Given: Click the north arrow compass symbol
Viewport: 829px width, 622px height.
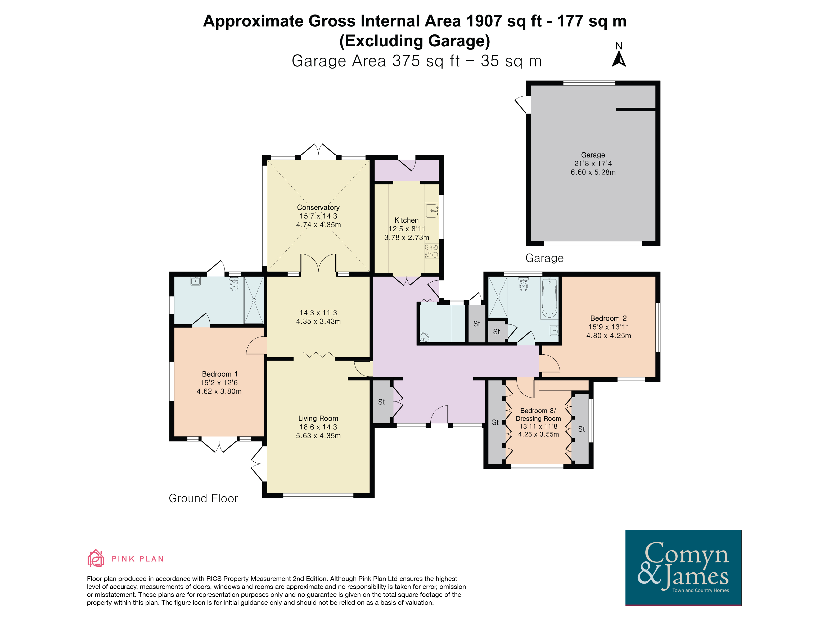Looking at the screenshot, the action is point(619,59).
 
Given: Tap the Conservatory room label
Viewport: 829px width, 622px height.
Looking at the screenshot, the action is point(318,207).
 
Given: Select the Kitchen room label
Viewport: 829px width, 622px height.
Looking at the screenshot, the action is point(407,220).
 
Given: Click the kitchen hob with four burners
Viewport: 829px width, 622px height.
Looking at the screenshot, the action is point(432,251).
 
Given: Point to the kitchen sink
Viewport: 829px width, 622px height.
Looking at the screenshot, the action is point(432,211).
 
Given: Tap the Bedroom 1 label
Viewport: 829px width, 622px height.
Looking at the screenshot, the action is point(220,374).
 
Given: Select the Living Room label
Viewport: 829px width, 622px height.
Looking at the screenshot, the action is point(318,418).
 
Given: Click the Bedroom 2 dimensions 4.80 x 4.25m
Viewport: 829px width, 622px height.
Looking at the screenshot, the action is point(609,336).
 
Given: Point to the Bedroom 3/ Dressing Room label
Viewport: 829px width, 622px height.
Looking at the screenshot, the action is point(538,414).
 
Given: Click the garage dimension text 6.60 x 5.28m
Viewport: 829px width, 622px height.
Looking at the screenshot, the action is point(593,172).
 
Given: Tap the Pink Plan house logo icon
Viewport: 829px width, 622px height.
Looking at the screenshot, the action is point(96,558).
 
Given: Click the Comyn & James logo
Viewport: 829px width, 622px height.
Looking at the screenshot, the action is point(683,567).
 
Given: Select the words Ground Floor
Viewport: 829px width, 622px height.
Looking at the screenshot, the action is point(203,498).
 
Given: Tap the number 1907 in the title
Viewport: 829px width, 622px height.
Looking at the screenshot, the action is point(484,21).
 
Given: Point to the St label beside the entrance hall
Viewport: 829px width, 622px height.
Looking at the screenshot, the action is point(381,402).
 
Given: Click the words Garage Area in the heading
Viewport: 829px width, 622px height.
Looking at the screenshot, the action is point(339,61).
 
